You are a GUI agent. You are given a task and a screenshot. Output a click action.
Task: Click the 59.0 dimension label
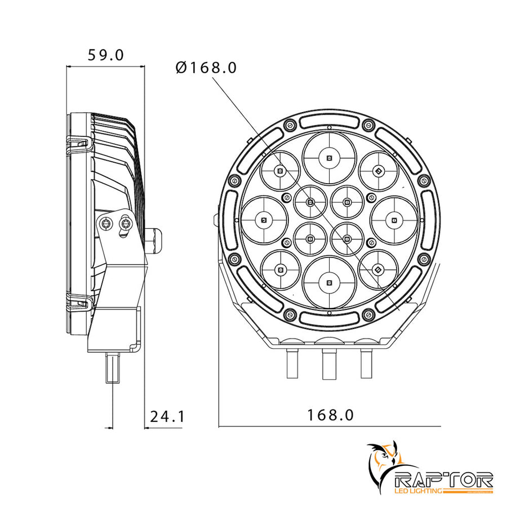105,55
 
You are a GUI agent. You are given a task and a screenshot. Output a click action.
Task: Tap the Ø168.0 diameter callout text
206,68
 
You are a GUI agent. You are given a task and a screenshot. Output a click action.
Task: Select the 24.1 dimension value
167,416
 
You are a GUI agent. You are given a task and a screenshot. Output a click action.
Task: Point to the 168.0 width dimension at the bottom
330,415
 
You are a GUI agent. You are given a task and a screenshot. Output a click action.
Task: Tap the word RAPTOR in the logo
445,479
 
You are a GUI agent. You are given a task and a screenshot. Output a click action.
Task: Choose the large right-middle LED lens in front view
394,219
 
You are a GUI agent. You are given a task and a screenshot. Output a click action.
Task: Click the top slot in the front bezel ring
329,120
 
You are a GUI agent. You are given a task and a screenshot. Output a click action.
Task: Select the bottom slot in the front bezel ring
329,317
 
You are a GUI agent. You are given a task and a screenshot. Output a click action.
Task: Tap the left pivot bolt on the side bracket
104,224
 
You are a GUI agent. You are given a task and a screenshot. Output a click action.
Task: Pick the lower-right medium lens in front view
378,269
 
